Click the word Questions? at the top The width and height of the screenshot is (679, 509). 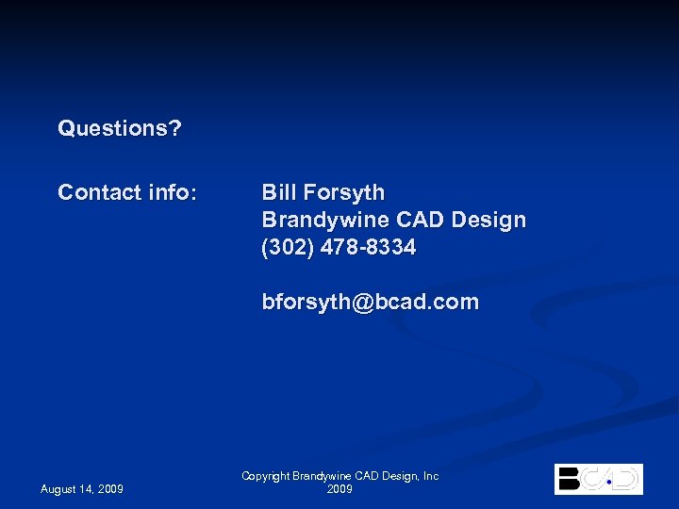point(120,128)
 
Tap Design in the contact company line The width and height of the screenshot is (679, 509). point(489,221)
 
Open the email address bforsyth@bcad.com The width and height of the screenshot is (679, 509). point(370,303)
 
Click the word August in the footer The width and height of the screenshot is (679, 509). point(60,488)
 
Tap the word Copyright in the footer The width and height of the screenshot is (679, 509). point(267,477)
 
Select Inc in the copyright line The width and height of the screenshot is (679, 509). point(430,477)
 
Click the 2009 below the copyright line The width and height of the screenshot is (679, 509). point(339,489)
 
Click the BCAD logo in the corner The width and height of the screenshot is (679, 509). point(599,479)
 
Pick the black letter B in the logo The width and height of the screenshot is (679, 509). point(569,479)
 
